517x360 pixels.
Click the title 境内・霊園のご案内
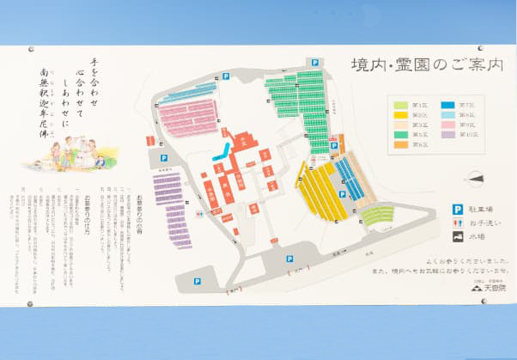point(426,65)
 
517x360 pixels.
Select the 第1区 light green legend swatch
point(401,104)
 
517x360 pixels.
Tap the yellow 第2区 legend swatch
point(401,114)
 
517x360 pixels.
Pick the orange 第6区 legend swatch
point(401,144)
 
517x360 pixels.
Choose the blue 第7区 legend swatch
point(448,104)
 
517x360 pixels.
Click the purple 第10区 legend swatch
point(448,134)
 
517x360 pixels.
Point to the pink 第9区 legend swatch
point(448,125)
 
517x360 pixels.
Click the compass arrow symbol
point(474,178)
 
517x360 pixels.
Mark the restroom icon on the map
point(199,211)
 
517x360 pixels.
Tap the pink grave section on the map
point(189,118)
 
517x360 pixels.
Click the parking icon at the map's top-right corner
point(315,63)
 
